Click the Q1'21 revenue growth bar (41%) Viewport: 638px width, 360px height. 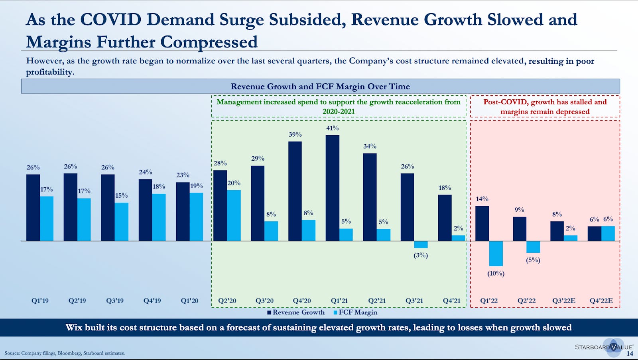tap(332, 188)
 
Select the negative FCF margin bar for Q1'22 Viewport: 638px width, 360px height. tap(496, 254)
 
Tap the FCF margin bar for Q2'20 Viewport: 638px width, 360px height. tap(234, 215)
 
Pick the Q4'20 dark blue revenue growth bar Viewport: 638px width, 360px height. tap(295, 191)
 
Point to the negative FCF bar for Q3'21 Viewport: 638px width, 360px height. tap(421, 244)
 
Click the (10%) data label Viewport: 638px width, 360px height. tap(496, 273)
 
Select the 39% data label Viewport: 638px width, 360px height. tap(295, 135)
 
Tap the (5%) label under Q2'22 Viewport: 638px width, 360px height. tap(533, 260)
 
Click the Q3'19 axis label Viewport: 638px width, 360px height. tap(114, 301)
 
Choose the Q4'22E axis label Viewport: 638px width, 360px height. tap(601, 301)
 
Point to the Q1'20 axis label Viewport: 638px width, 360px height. tap(189, 301)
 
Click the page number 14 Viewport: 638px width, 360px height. tap(630, 353)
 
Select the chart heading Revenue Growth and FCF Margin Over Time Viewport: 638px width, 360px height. tap(320, 87)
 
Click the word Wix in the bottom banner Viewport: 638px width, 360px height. tap(74, 327)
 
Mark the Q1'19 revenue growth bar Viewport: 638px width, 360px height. tap(33, 207)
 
